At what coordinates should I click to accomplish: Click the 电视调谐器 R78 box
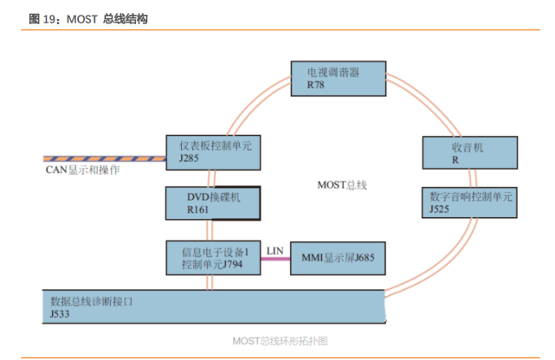[x=336, y=79]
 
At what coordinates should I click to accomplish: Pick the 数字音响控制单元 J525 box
[x=469, y=202]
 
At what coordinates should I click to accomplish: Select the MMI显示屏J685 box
[x=337, y=257]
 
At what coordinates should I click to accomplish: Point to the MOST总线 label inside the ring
[x=342, y=184]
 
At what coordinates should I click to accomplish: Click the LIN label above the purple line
[x=274, y=249]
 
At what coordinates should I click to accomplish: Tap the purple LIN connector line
[x=275, y=259]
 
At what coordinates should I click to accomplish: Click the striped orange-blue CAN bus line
[x=103, y=159]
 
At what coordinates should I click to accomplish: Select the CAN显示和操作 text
[x=82, y=170]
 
